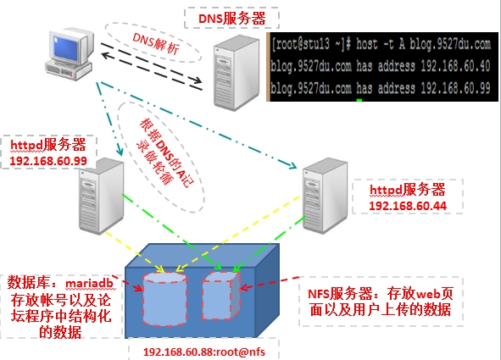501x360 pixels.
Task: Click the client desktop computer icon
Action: [70, 53]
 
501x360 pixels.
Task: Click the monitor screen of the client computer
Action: [66, 47]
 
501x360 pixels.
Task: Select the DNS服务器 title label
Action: [232, 19]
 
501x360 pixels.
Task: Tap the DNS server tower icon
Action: [237, 73]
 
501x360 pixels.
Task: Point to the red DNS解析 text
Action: [156, 42]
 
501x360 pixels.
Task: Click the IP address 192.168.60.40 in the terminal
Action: [455, 66]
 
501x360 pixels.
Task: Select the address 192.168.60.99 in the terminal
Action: [455, 88]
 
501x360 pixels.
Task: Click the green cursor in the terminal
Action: [359, 100]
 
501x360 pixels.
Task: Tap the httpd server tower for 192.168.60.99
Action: [102, 196]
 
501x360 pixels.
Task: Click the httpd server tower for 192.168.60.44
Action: [325, 196]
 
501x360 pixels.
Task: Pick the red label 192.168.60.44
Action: [408, 206]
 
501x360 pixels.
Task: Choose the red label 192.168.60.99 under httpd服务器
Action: [48, 161]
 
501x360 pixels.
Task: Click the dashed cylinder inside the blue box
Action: [164, 299]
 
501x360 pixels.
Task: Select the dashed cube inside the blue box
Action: [220, 296]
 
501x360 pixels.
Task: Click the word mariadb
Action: [89, 283]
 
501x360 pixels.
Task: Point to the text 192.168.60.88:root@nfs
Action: [204, 352]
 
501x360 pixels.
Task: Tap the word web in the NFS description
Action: [428, 294]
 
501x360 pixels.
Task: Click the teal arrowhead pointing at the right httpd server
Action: [292, 165]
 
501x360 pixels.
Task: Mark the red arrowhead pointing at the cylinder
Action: [139, 288]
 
